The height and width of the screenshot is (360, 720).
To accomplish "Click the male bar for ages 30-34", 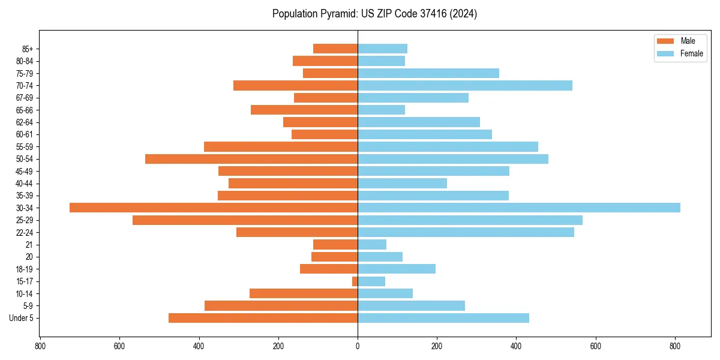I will coord(214,208).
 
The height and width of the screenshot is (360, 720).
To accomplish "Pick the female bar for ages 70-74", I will coord(465,85).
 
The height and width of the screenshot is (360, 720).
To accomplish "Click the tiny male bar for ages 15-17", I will coord(355,281).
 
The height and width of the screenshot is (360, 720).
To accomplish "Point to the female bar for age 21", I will coord(372,245).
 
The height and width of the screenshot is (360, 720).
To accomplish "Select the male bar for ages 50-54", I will coord(251,159).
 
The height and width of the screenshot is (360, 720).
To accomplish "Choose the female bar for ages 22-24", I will coord(466,232).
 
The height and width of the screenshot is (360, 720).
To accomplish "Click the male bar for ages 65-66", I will coord(304,110).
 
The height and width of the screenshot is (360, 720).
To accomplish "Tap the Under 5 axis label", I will coord(21,318).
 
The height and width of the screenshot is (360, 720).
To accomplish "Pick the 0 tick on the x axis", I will coord(358,346).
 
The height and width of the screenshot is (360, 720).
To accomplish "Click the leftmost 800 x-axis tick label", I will coord(40,346).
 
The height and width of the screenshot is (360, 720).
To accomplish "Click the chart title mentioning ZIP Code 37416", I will coord(374,14).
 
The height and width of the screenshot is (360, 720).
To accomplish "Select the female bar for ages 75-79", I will coord(428,73).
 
